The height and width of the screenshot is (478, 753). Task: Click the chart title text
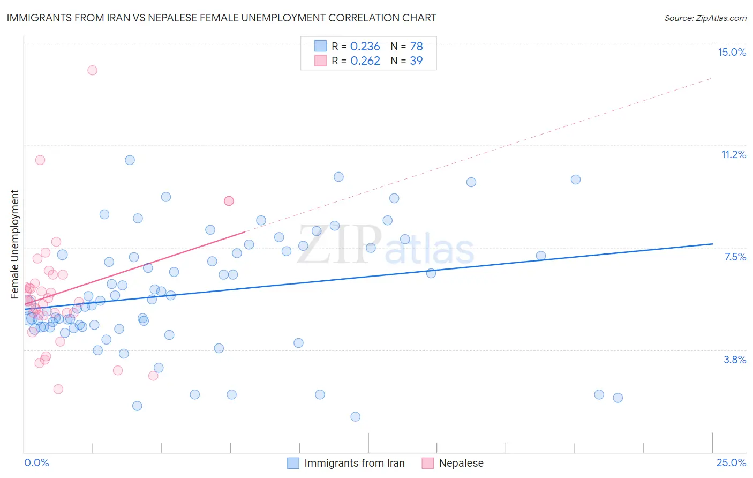222,18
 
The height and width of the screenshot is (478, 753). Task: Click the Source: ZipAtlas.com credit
705,18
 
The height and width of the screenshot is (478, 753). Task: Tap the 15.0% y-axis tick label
732,52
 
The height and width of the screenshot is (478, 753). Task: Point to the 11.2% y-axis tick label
733,154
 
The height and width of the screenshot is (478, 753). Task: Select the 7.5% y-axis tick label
735,257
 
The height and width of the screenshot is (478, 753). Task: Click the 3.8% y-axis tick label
735,360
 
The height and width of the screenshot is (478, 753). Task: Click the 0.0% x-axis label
36,462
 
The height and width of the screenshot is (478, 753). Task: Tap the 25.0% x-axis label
731,462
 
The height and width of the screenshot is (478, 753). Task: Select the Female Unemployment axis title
14,244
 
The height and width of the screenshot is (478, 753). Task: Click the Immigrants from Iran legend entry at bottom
354,463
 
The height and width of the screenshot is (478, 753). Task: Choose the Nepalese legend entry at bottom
461,463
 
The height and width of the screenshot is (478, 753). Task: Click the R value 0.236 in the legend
365,47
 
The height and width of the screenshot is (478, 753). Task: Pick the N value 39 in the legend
416,61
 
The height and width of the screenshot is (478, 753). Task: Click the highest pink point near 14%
92,70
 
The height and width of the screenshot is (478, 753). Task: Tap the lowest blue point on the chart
355,416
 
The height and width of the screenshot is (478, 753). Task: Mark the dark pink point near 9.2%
229,201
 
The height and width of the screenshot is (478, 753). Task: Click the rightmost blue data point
618,398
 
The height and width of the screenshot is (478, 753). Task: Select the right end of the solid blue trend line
712,244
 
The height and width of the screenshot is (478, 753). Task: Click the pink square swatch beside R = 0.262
320,61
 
